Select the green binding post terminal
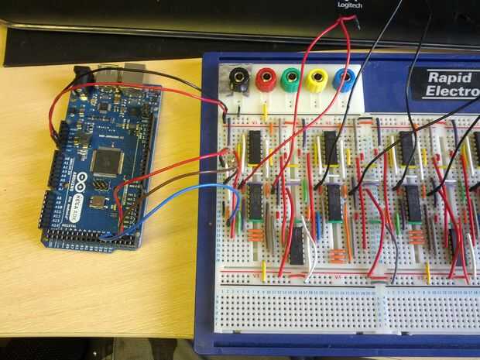290,78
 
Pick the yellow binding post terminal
316,79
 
